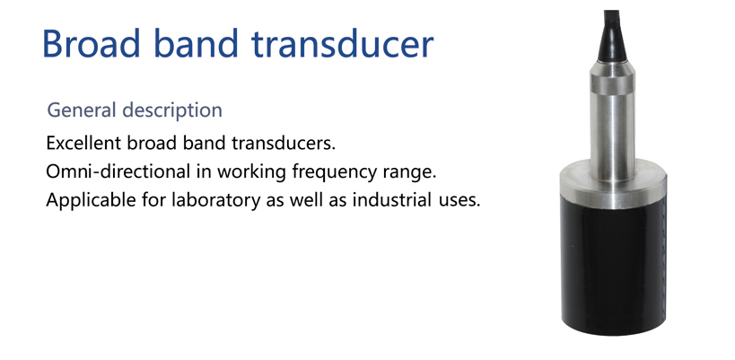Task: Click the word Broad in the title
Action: pos(92,44)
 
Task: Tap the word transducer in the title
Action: pos(342,44)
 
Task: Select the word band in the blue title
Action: pos(196,44)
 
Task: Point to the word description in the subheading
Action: pos(172,111)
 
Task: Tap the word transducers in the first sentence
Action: pos(284,143)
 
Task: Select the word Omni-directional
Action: pos(118,171)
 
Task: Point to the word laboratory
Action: pos(216,200)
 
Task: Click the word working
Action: pos(251,172)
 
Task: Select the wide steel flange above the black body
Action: pos(613,184)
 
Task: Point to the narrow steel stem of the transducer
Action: pos(613,136)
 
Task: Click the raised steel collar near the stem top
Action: pos(613,84)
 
